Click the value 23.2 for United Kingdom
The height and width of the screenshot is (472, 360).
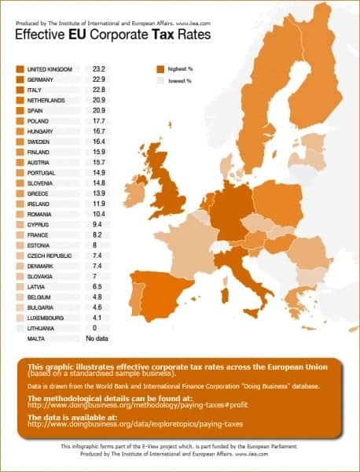point(98,69)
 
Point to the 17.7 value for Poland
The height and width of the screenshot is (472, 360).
point(98,122)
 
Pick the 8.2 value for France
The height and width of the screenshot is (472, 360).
point(97,234)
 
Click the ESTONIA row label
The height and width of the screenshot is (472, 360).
point(38,245)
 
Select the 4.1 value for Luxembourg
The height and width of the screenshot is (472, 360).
point(97,316)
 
